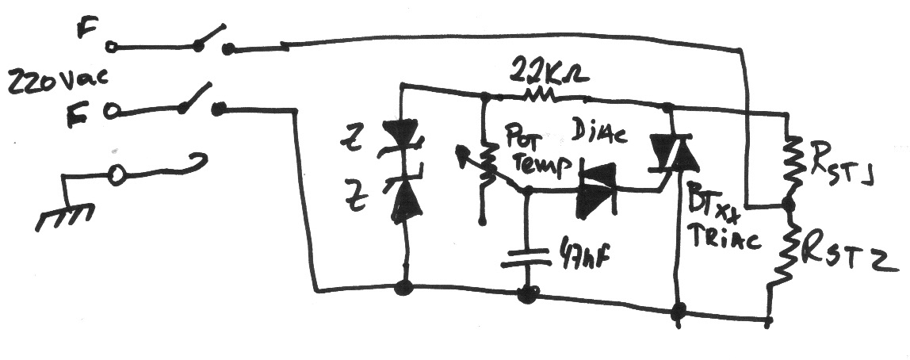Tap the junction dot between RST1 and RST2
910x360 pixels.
click(787, 205)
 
